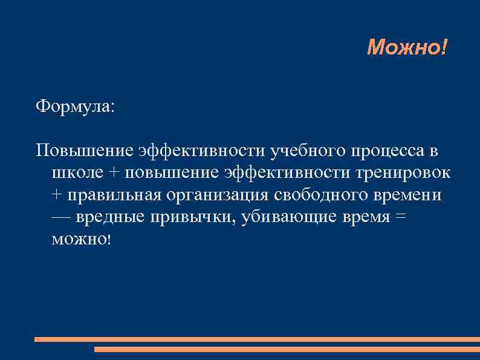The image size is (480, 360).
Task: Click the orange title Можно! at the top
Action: tap(407, 46)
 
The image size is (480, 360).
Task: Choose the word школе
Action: tap(78, 172)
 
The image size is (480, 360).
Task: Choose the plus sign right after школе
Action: tap(115, 173)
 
